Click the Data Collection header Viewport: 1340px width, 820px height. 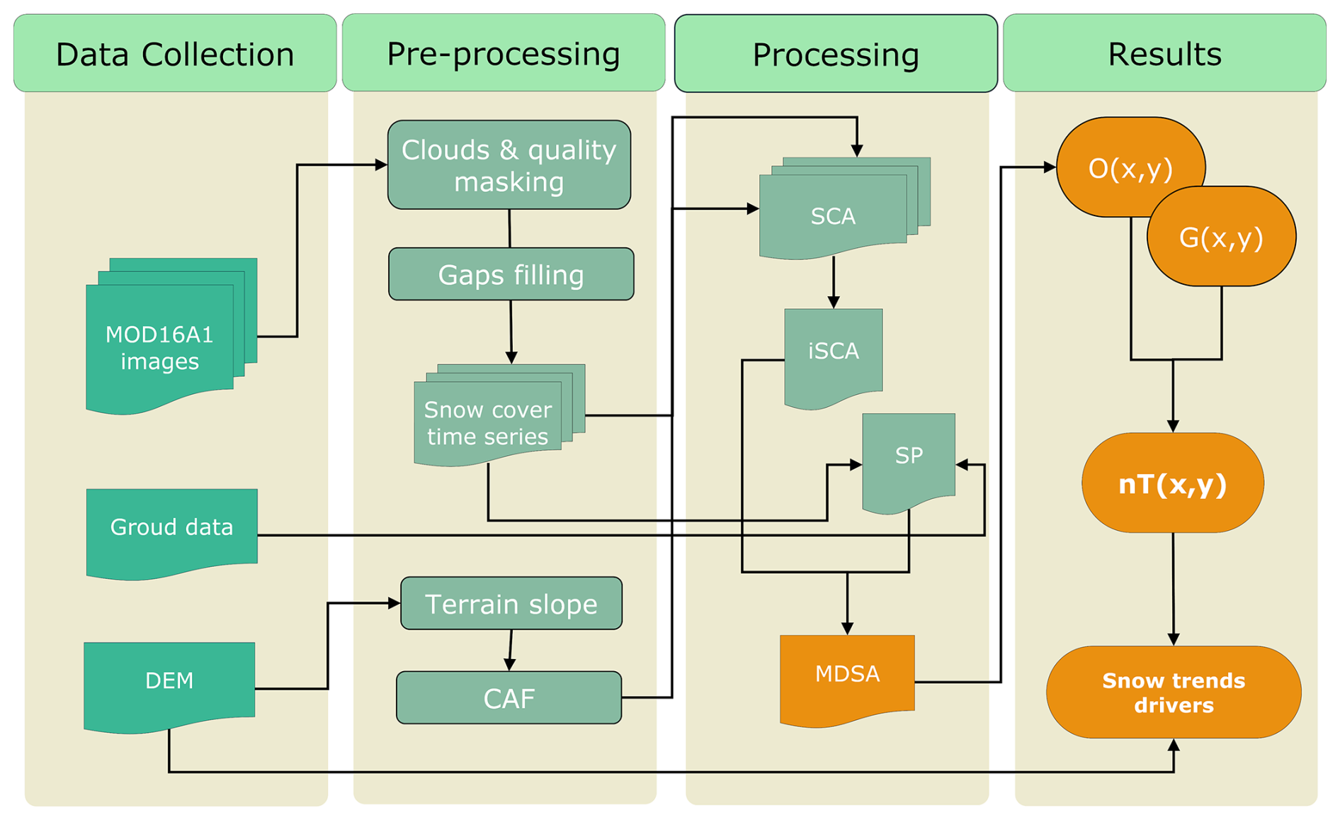coord(175,53)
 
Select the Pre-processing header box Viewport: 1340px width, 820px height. coord(504,53)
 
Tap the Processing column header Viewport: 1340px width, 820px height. coord(836,54)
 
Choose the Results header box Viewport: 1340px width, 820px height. coord(1164,53)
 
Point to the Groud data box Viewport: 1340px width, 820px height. coord(171,528)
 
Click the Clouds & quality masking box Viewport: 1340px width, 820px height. coord(509,165)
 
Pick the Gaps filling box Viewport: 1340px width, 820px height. coord(511,274)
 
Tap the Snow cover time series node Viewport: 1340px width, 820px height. coord(489,422)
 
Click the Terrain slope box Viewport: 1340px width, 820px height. coord(511,604)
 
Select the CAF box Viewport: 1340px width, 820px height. coord(509,698)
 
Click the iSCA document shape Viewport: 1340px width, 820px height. coord(834,352)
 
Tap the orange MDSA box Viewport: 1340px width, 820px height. coord(847,674)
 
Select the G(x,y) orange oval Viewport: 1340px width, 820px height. coord(1221,237)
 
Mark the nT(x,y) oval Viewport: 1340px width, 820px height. coord(1173,483)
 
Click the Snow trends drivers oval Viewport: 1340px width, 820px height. coord(1174,692)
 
